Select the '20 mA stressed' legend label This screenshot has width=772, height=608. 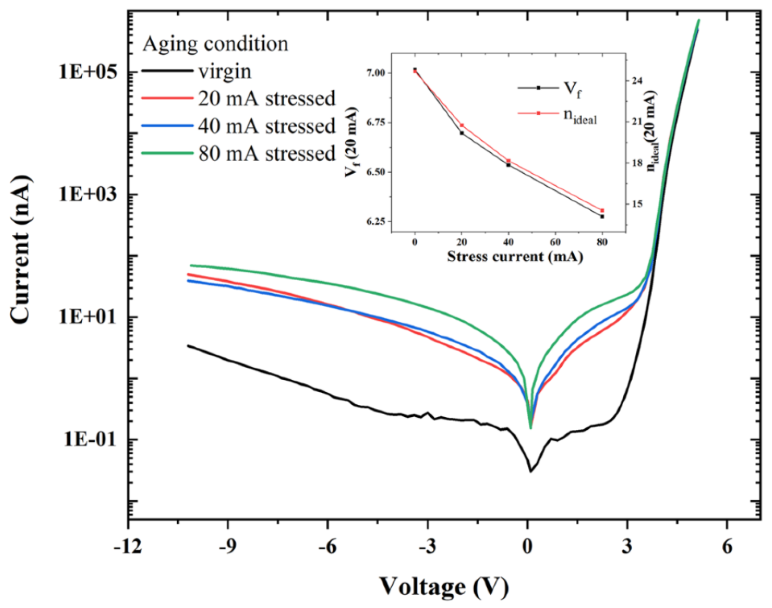[267, 99]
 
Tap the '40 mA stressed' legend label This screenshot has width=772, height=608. [267, 126]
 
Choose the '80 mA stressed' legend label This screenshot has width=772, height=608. [267, 153]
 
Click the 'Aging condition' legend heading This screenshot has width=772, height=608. [215, 44]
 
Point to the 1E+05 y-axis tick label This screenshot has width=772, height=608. [88, 72]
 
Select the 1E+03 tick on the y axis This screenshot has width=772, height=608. [88, 195]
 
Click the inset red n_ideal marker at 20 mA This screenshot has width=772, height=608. [462, 125]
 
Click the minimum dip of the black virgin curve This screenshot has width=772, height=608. [531, 471]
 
